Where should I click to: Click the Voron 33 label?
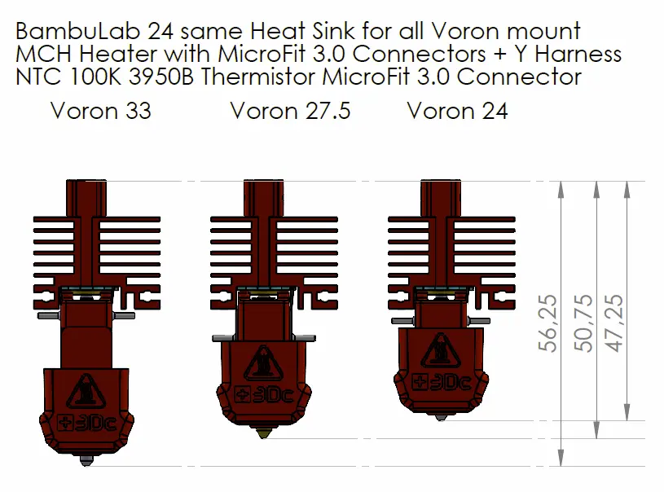coord(100,110)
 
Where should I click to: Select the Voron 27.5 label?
coord(290,110)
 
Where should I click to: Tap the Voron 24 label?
coord(457,110)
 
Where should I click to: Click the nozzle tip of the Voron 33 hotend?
coord(86,463)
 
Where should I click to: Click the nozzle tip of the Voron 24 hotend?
coord(441,417)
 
